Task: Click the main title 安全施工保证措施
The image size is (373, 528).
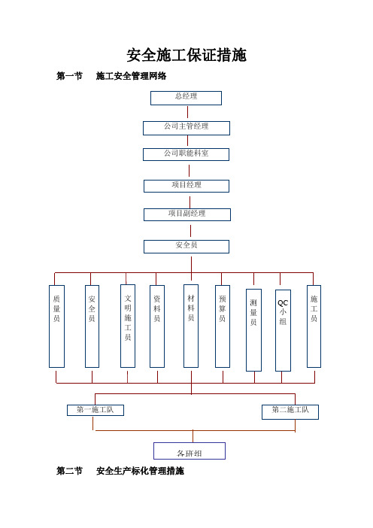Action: click(x=186, y=55)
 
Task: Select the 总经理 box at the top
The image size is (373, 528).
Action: click(x=186, y=98)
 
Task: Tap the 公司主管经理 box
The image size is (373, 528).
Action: click(x=186, y=128)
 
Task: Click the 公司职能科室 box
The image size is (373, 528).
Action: click(x=186, y=154)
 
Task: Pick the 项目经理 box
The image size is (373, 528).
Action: click(x=186, y=186)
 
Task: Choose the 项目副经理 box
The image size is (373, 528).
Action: click(x=187, y=214)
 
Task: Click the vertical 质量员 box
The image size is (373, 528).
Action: click(x=56, y=326)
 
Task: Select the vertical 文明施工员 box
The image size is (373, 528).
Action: click(x=128, y=326)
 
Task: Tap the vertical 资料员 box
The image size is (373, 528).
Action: click(x=157, y=326)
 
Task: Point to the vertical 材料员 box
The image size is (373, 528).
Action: click(x=191, y=326)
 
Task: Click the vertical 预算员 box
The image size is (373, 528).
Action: click(x=223, y=326)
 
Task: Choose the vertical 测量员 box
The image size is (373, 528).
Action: click(x=254, y=330)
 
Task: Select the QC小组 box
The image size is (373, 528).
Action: click(x=283, y=330)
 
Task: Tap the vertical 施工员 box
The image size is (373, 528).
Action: click(x=314, y=326)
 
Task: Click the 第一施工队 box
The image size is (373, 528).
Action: click(x=96, y=410)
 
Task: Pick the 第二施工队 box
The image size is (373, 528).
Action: click(x=290, y=412)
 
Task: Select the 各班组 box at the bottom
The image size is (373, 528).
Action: click(x=190, y=451)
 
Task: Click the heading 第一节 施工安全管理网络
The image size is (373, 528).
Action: click(x=111, y=76)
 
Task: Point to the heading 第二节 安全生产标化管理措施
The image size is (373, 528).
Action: click(x=120, y=471)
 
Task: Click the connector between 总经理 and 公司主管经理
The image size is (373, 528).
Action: click(x=187, y=112)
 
